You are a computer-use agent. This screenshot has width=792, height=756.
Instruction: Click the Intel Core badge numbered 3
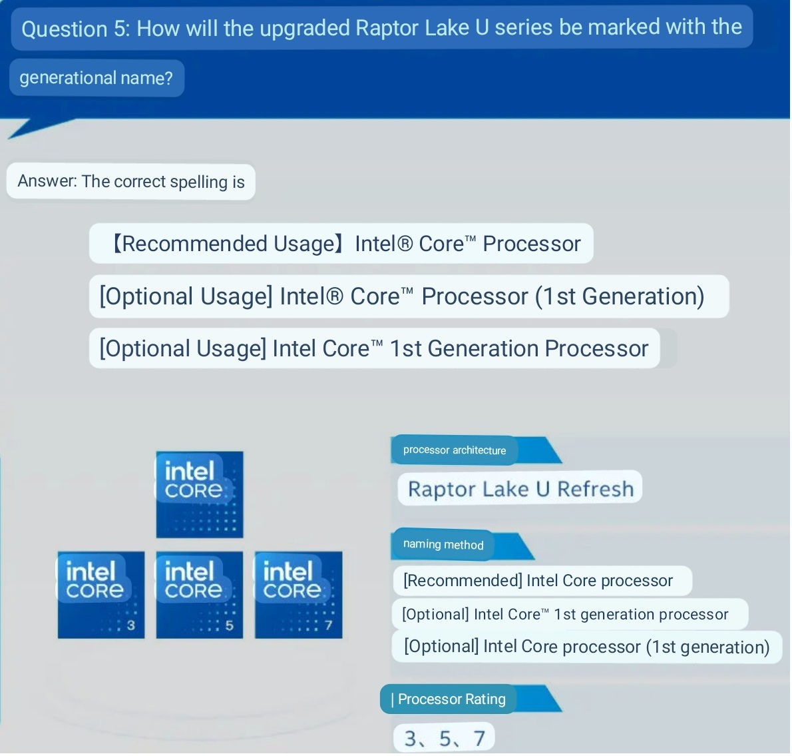pyautogui.click(x=101, y=595)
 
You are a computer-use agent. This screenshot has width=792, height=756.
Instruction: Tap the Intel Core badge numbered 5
pyautogui.click(x=200, y=595)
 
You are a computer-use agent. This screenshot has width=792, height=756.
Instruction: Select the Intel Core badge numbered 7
pyautogui.click(x=299, y=595)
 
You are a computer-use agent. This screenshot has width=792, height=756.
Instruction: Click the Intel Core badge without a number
pyautogui.click(x=200, y=495)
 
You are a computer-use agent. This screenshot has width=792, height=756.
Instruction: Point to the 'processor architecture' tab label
pyautogui.click(x=454, y=450)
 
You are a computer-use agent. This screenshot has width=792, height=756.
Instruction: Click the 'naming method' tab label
pyautogui.click(x=443, y=544)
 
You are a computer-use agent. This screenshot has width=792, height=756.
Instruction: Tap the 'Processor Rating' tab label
pyautogui.click(x=448, y=699)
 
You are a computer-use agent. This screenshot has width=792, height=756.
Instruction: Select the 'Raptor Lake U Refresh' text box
pyautogui.click(x=520, y=488)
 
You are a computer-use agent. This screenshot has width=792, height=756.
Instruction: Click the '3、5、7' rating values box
pyautogui.click(x=444, y=738)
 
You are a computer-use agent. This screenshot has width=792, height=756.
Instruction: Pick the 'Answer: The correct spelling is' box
pyautogui.click(x=131, y=181)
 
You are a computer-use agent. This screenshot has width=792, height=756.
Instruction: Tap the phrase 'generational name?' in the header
pyautogui.click(x=96, y=78)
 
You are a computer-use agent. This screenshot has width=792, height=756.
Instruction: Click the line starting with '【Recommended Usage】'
pyautogui.click(x=341, y=243)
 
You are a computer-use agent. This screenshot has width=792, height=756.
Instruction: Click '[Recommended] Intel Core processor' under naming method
pyautogui.click(x=538, y=581)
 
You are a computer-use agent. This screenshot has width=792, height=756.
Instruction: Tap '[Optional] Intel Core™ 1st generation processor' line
pyautogui.click(x=565, y=614)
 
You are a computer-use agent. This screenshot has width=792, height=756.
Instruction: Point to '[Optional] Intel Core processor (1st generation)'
pyautogui.click(x=587, y=646)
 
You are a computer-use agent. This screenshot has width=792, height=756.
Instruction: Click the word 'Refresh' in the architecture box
pyautogui.click(x=596, y=489)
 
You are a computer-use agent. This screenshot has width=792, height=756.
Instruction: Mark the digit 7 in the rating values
pyautogui.click(x=479, y=738)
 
